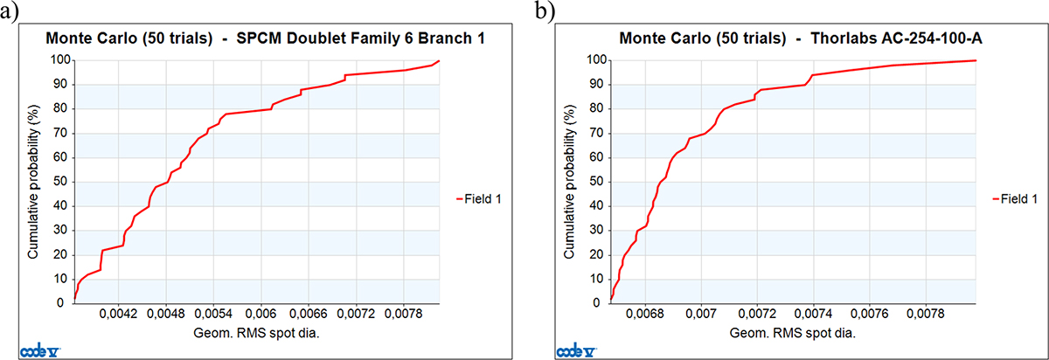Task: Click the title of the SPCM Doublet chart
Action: click(265, 38)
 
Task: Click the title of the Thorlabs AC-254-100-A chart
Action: click(801, 38)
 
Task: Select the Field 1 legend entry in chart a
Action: click(479, 199)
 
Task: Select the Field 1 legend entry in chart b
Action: click(1015, 199)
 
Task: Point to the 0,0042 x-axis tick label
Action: click(119, 314)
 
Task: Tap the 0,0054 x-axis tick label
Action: click(213, 314)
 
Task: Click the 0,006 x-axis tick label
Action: click(261, 314)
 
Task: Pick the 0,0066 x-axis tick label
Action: click(309, 314)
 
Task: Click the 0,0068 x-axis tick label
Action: click(645, 314)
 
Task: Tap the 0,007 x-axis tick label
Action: click(701, 314)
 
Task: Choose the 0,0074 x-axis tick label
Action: click(814, 314)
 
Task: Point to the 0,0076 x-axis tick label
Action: click(870, 314)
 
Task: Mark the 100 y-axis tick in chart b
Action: click(596, 60)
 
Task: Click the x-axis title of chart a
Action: click(256, 334)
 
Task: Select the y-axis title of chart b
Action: click(569, 182)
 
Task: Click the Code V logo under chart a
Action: click(40, 350)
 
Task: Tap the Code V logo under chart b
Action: click(576, 350)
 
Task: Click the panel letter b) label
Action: click(545, 11)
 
